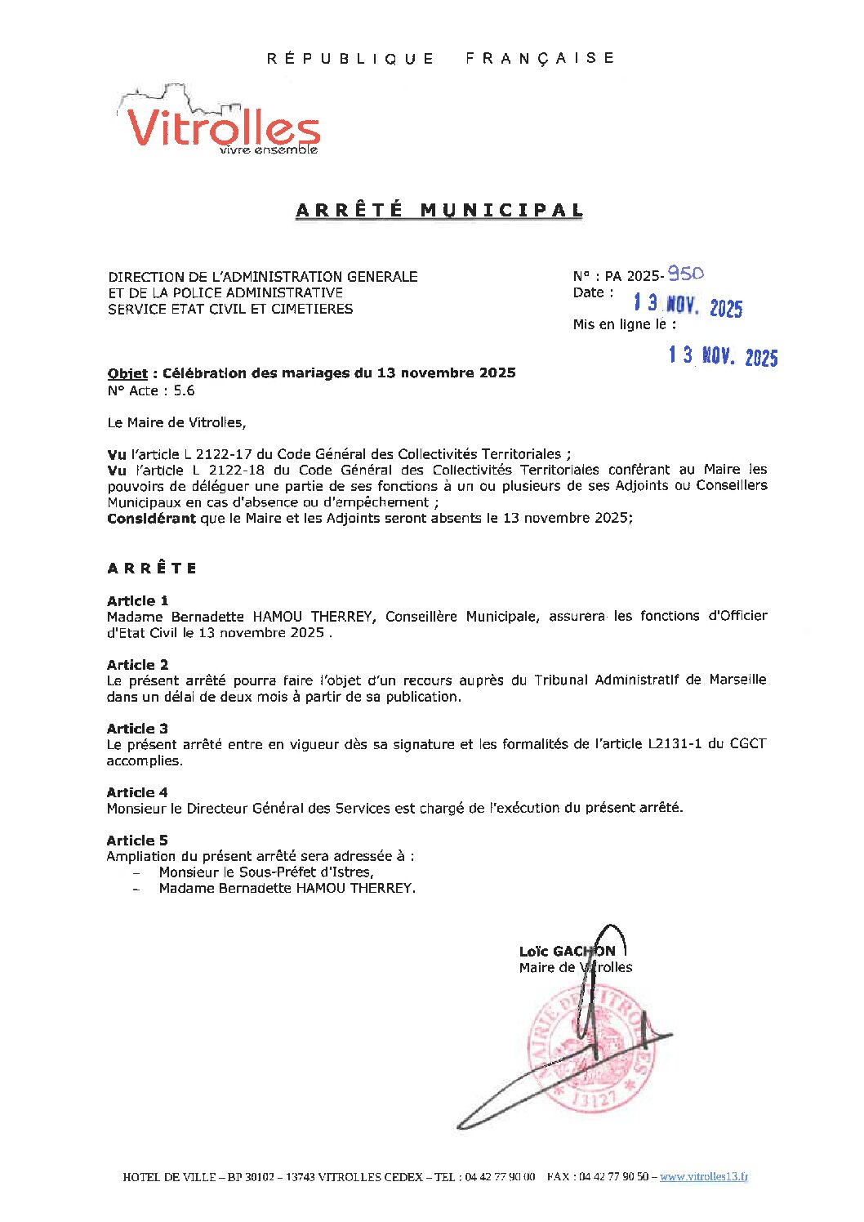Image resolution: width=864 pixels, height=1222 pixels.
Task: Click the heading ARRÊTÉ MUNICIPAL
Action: click(x=439, y=210)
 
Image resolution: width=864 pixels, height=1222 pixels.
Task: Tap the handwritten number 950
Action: click(x=686, y=274)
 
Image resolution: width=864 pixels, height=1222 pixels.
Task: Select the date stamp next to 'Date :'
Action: click(x=688, y=305)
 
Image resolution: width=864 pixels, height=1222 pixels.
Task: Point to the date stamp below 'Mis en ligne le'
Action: click(x=723, y=355)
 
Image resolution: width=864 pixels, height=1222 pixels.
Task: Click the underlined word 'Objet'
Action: click(x=127, y=373)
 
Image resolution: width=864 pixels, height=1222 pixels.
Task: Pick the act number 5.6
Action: click(x=184, y=390)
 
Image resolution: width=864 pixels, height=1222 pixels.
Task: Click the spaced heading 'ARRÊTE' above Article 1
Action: click(x=152, y=568)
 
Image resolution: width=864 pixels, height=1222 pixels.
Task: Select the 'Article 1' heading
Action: click(x=137, y=600)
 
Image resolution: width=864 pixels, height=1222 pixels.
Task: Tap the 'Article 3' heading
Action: click(x=137, y=729)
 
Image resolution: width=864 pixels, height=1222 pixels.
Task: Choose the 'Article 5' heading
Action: click(x=137, y=840)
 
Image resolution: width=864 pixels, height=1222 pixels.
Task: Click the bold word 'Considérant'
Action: click(x=151, y=518)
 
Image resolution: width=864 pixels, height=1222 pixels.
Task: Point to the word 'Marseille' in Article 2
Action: click(x=737, y=680)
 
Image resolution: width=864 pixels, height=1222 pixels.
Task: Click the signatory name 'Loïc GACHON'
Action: click(x=567, y=951)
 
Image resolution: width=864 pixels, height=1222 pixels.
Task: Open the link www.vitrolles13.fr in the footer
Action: click(x=703, y=1176)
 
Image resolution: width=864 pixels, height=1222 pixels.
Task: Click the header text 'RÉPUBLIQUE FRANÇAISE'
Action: click(x=440, y=58)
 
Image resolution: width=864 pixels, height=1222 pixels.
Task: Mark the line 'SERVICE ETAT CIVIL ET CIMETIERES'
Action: click(x=230, y=309)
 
